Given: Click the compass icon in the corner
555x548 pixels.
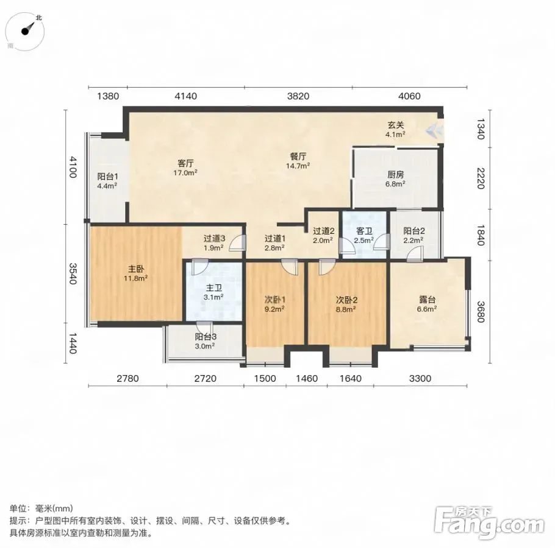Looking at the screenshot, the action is click(25, 31).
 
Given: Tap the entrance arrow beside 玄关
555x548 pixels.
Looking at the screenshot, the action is click(434, 132).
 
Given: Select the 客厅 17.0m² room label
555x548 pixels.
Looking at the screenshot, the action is click(185, 168).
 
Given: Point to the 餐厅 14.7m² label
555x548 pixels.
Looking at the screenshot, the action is click(298, 161).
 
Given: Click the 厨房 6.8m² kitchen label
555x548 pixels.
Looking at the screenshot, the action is click(395, 179).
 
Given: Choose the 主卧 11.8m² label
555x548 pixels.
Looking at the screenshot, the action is click(135, 273).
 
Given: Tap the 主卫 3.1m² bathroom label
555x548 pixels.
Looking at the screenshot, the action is click(213, 292).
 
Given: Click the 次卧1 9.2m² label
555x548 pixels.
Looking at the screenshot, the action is click(275, 304).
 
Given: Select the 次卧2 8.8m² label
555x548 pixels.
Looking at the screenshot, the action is click(346, 304).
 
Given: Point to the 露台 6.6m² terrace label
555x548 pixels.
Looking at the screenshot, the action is click(426, 304).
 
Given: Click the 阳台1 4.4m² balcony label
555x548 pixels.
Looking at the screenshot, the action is click(107, 181).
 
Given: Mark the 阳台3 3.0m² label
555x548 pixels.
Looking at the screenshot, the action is click(205, 342).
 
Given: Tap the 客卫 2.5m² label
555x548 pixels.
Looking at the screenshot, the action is click(364, 236).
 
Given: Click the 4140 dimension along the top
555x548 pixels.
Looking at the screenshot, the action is click(186, 96).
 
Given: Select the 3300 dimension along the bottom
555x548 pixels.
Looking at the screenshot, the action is click(420, 378).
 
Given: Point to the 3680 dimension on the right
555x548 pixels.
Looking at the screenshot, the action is click(480, 311).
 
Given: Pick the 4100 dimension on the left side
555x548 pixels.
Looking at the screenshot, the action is click(73, 167).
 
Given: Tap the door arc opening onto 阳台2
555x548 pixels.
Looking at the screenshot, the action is click(415, 255).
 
